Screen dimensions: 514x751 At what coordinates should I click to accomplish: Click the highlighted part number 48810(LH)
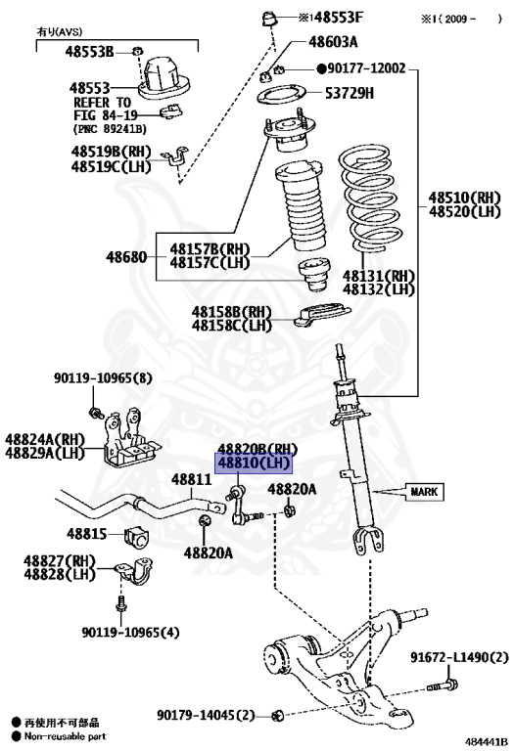click(x=254, y=464)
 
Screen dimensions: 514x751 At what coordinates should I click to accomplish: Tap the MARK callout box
click(x=424, y=492)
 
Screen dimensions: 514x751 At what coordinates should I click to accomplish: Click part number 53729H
click(x=350, y=93)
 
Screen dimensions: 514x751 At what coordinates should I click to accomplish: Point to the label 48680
click(x=126, y=257)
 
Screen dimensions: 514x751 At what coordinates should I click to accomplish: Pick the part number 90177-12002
click(x=366, y=68)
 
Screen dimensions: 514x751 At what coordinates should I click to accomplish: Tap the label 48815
click(x=87, y=534)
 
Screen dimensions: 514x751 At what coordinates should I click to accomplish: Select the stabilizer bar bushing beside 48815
click(x=137, y=539)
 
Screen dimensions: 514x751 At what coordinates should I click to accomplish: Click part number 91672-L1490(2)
click(x=459, y=657)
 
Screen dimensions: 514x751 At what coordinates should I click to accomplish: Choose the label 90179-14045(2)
click(x=206, y=716)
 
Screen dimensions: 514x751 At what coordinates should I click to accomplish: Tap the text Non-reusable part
click(x=66, y=736)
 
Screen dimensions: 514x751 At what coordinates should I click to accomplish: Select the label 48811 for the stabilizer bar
click(x=191, y=479)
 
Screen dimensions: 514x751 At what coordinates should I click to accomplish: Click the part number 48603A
click(x=333, y=42)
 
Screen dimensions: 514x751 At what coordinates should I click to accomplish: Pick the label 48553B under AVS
click(x=90, y=51)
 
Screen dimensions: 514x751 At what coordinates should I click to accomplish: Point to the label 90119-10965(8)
click(x=103, y=378)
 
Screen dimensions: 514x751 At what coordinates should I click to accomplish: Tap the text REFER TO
click(x=102, y=103)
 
